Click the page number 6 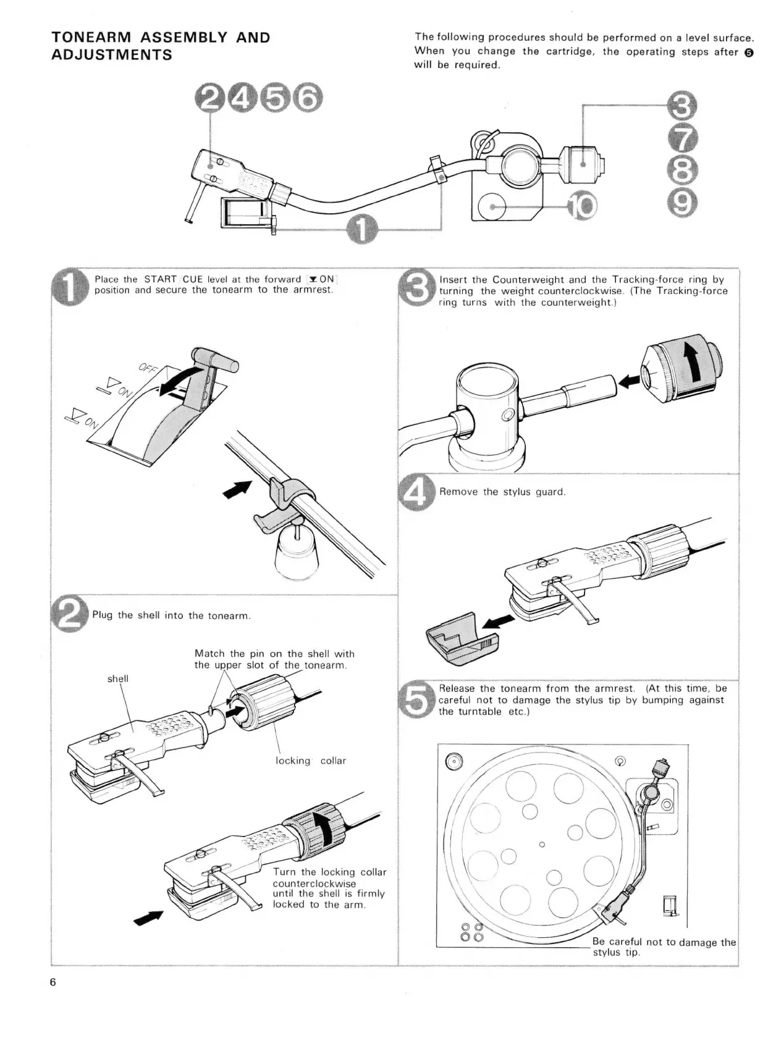(54, 982)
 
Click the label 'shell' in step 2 (118, 678)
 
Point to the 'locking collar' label (311, 761)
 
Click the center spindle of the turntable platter (542, 845)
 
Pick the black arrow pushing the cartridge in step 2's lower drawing (150, 918)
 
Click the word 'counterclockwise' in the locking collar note (314, 884)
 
